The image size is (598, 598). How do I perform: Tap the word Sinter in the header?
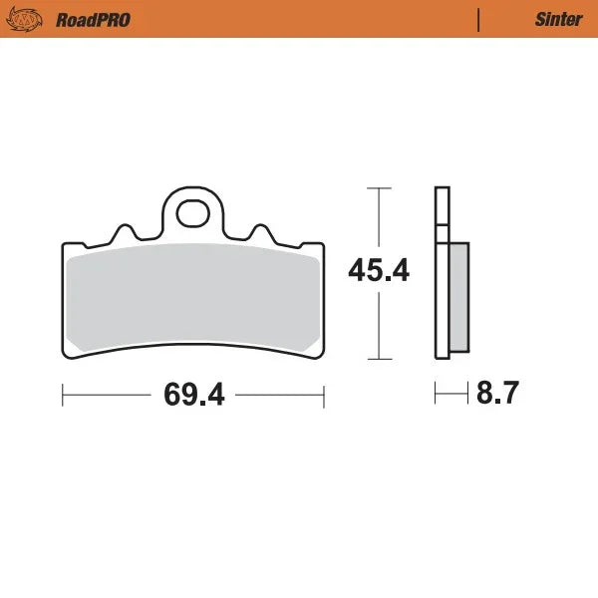(x=552, y=19)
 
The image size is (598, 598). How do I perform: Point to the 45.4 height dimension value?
(x=378, y=271)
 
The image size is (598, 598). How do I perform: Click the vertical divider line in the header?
(x=478, y=19)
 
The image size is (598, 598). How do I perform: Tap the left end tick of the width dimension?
(x=63, y=396)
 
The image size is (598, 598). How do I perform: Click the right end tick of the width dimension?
(x=324, y=396)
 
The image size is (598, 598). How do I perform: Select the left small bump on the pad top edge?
(x=125, y=231)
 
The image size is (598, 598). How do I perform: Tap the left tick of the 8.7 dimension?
(x=436, y=396)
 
